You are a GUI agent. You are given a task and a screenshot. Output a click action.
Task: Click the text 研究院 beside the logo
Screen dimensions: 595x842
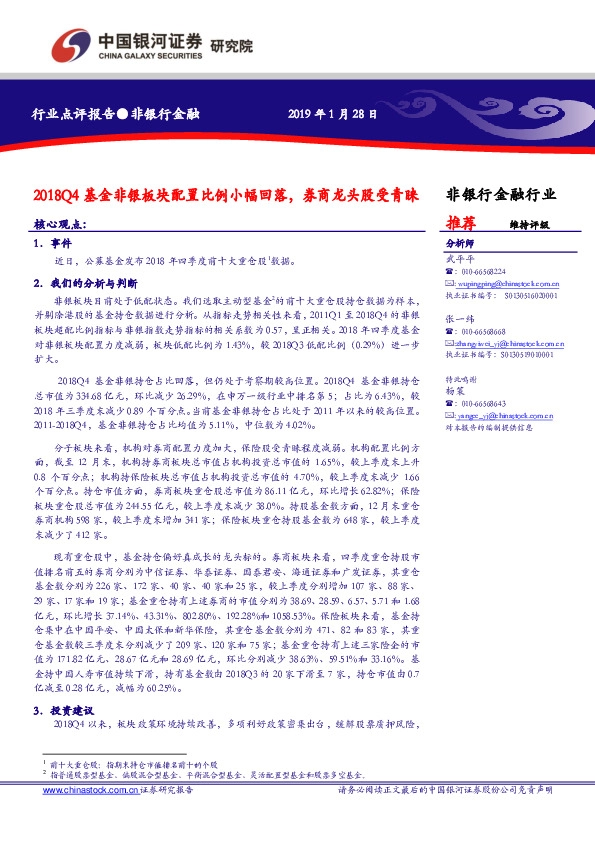tap(231, 46)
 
